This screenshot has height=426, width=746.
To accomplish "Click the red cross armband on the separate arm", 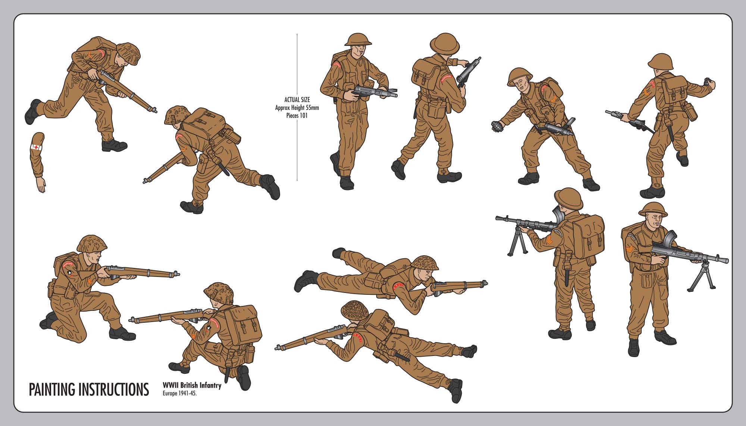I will click(x=37, y=147).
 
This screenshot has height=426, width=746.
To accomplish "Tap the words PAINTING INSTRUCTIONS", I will click(x=89, y=390).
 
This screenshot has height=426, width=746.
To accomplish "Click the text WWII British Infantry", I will click(x=192, y=385).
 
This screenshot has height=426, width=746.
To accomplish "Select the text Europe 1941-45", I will click(x=179, y=394).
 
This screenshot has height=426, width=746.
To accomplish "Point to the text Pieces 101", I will click(x=297, y=116).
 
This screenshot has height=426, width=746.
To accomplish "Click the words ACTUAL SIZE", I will click(x=297, y=100).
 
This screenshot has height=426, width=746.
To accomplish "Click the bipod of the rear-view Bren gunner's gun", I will click(x=516, y=242).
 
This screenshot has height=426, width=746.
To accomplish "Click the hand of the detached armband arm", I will click(x=41, y=185).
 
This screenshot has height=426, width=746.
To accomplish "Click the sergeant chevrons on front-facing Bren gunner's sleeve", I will click(x=628, y=252).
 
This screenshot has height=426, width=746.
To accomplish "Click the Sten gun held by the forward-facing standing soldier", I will click(x=373, y=91).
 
